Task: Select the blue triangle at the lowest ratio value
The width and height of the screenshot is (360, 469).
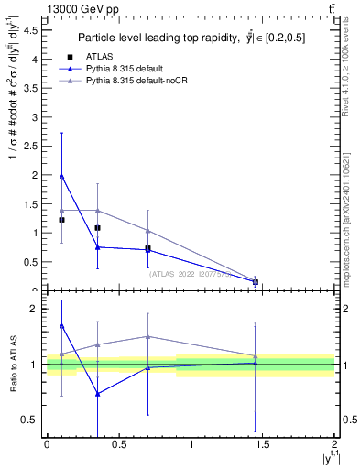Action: point(97,394)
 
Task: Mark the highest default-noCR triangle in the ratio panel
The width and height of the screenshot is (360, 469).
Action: point(147,336)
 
